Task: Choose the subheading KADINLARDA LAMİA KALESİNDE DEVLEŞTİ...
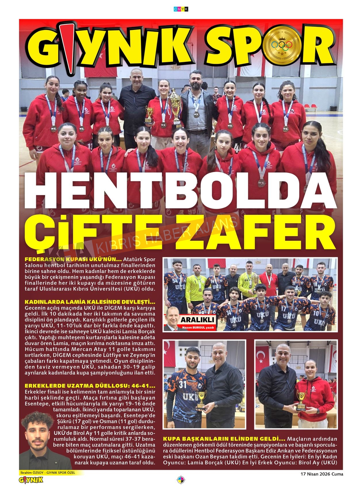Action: (x=90, y=302)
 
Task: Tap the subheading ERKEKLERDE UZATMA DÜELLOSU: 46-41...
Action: (x=90, y=385)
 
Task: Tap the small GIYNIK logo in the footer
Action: (x=31, y=480)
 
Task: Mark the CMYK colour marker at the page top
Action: (x=181, y=9)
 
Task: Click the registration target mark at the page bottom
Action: (x=181, y=480)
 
